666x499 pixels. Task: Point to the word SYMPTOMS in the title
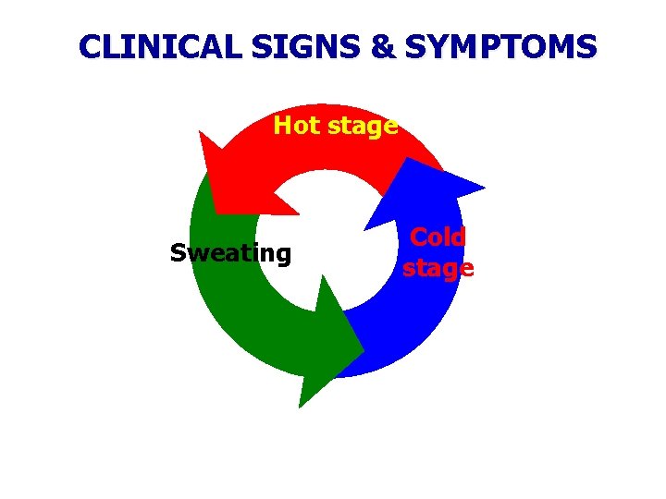point(499,46)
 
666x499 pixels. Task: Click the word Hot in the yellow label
point(294,126)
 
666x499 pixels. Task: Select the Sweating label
point(230,254)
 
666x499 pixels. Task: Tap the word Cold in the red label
point(438,237)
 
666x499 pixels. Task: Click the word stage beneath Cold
point(438,269)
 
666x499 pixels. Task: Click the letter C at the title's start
point(89,46)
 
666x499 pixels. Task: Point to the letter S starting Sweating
point(178,253)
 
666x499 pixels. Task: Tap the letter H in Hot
point(282,126)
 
